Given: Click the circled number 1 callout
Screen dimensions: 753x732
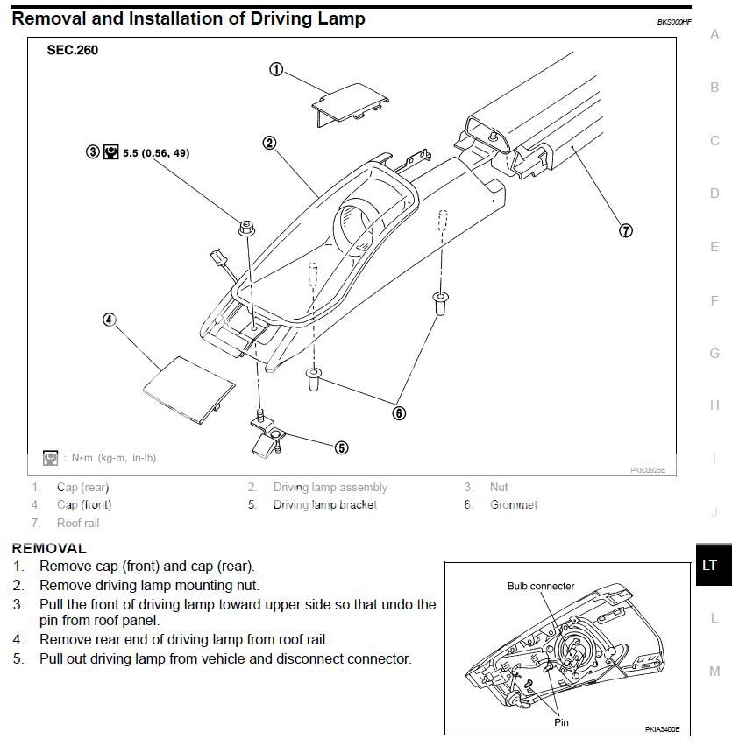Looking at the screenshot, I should (276, 69).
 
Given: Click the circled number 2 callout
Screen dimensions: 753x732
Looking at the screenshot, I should (269, 143).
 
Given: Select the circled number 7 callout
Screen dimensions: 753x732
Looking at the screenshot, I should (626, 231).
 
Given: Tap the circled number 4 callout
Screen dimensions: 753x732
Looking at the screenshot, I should (110, 320).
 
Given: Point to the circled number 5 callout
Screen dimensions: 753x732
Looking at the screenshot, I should (342, 447).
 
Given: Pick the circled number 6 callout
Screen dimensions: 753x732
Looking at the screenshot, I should (399, 413).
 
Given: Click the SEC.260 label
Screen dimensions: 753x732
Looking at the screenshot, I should (72, 50).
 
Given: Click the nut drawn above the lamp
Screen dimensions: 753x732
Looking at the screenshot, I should (246, 230).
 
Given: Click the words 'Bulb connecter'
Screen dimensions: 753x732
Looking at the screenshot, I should (541, 586).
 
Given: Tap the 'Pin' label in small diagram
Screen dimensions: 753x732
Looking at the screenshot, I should (562, 723).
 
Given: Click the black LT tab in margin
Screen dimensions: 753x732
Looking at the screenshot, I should (710, 566).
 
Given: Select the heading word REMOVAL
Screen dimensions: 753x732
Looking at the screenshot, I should (49, 549).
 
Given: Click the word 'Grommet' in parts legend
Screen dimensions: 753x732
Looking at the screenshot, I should (514, 505).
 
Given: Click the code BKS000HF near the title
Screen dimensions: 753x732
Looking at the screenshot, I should (674, 22).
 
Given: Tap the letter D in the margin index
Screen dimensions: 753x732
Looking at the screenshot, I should (714, 194).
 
